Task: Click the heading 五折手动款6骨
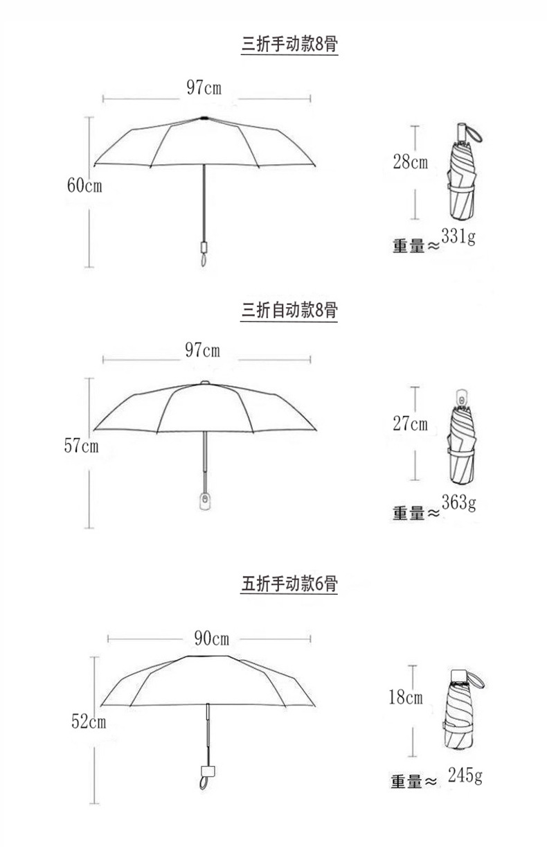point(289,584)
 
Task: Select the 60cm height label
point(84,186)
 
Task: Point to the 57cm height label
point(82,446)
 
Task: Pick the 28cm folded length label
point(410,163)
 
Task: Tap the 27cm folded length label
point(410,423)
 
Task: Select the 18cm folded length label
point(405,697)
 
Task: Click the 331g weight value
point(458,238)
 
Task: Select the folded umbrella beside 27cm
point(462,441)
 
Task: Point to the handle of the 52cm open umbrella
point(206,773)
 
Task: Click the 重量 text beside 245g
point(406,782)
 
